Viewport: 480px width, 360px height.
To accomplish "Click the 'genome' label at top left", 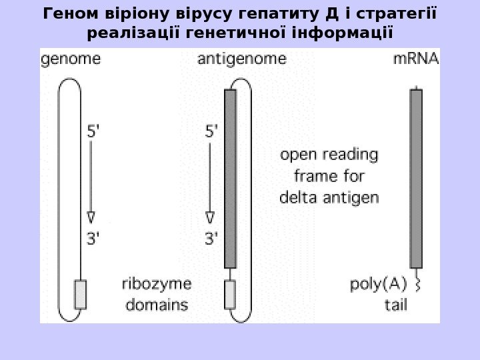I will pyautogui.click(x=71, y=59).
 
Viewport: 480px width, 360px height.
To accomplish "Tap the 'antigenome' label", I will pyautogui.click(x=242, y=59).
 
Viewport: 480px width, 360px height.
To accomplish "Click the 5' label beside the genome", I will pyautogui.click(x=96, y=132).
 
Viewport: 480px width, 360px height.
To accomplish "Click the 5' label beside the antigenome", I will pyautogui.click(x=210, y=132).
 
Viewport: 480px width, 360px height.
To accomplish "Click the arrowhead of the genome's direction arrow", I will pyautogui.click(x=91, y=217).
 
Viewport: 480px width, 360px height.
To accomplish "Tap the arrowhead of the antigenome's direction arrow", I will pyautogui.click(x=210, y=217).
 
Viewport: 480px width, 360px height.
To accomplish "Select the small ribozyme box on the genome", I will pyautogui.click(x=80, y=294).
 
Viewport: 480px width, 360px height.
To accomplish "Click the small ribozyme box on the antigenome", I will pyautogui.click(x=230, y=294).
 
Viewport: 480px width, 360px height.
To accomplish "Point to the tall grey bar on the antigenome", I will pyautogui.click(x=231, y=179).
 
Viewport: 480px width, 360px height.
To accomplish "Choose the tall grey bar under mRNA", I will pyautogui.click(x=416, y=179).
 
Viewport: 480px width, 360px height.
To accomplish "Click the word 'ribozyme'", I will pyautogui.click(x=156, y=285).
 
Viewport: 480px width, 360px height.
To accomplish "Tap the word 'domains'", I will pyautogui.click(x=156, y=306).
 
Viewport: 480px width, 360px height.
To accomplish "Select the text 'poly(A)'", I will pyautogui.click(x=379, y=285).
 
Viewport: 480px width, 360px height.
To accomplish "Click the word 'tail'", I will pyautogui.click(x=395, y=306).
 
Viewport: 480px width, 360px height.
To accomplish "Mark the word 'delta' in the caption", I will pyautogui.click(x=298, y=198).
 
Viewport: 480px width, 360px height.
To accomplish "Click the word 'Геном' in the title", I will pyautogui.click(x=65, y=13).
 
